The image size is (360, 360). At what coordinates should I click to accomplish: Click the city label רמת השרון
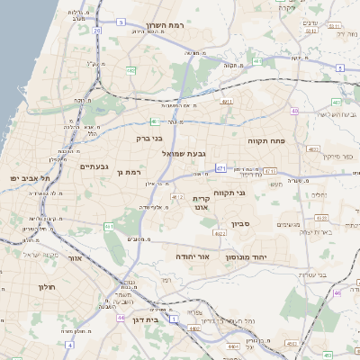[x=168, y=26]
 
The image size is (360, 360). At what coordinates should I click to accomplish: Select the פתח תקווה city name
[x=266, y=141]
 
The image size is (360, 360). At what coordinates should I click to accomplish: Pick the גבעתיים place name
[x=94, y=166]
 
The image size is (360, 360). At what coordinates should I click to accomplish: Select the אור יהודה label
[x=192, y=256]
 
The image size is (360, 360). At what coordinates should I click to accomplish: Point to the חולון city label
[x=46, y=286]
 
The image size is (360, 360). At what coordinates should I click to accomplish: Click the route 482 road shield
[x=131, y=69]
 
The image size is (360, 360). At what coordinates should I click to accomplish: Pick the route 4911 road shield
[x=226, y=102]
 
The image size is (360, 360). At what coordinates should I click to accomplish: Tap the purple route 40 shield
[x=294, y=111]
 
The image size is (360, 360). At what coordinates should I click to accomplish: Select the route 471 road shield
[x=220, y=167]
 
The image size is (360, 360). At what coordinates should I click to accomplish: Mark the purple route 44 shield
[x=121, y=318]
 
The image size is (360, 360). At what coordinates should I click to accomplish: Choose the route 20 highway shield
[x=96, y=31]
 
